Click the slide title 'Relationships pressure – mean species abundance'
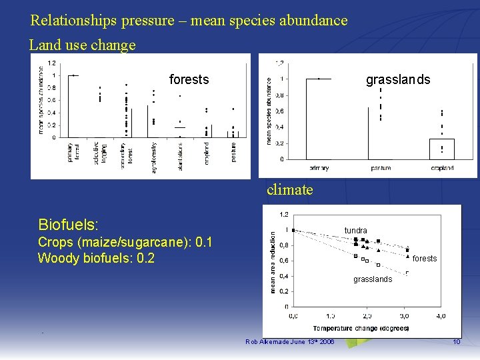[x=189, y=21]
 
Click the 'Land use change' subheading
[x=83, y=45]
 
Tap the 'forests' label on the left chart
[x=189, y=80]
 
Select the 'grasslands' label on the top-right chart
[x=398, y=80]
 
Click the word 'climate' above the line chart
[x=289, y=190]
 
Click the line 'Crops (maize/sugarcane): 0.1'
[x=125, y=242]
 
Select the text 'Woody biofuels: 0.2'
[x=96, y=258]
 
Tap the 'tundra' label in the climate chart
[x=355, y=231]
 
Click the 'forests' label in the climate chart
[x=425, y=259]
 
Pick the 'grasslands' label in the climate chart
[x=372, y=279]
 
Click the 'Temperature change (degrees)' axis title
[x=361, y=328]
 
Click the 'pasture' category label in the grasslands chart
[x=380, y=168]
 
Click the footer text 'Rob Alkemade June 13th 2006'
[x=290, y=342]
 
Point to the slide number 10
[x=456, y=342]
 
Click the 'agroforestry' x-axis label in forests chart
[x=153, y=157]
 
